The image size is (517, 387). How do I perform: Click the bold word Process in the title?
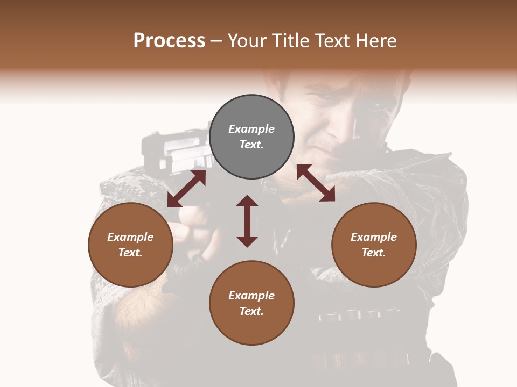[x=169, y=41]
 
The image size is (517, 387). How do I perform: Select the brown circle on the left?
[x=130, y=245]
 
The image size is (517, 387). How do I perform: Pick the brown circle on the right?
[x=374, y=245]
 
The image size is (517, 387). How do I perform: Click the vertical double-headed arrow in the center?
[x=247, y=221]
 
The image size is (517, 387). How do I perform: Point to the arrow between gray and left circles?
[x=186, y=189]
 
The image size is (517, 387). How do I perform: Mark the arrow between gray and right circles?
[x=316, y=183]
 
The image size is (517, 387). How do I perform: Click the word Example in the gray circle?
[x=251, y=129]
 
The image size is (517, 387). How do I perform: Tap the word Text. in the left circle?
[x=130, y=253]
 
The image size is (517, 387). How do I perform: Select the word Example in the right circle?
[x=374, y=237]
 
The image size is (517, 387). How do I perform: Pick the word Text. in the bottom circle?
[x=251, y=311]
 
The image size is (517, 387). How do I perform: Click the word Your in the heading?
[x=246, y=41]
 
